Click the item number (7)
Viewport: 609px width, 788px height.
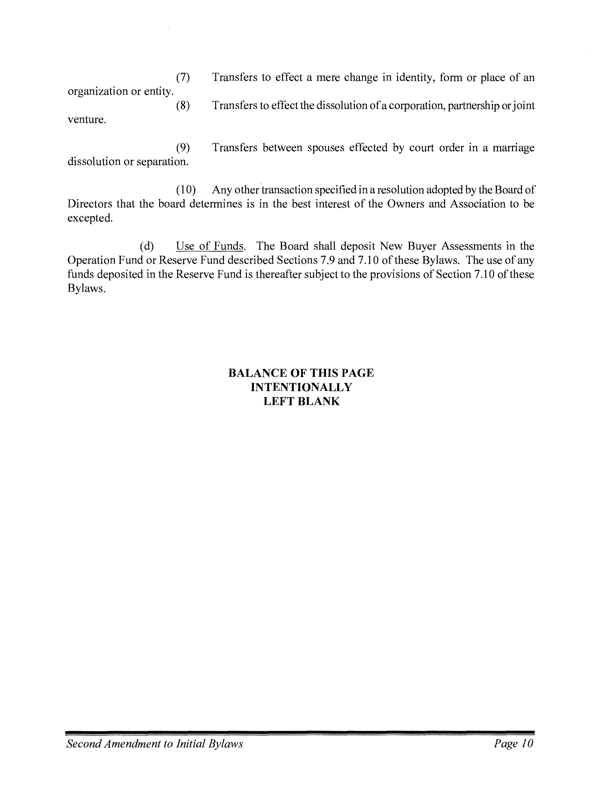[183, 78]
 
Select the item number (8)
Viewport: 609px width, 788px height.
[183, 106]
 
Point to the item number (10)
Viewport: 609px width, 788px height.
[186, 190]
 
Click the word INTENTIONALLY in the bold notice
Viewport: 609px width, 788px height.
[301, 387]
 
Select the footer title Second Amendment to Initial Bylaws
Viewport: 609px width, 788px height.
[155, 744]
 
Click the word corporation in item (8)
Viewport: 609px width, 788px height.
[416, 106]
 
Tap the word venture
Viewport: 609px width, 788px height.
[87, 120]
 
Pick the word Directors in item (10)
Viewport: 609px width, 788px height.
[90, 204]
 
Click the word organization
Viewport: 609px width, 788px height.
[97, 92]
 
